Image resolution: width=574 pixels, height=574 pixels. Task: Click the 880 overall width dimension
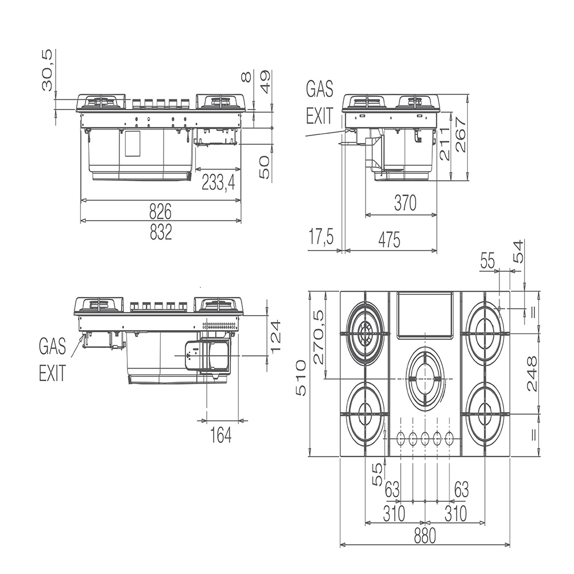tap(425, 536)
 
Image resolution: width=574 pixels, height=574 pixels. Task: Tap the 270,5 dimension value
tap(319, 337)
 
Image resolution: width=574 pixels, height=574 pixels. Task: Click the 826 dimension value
tap(160, 212)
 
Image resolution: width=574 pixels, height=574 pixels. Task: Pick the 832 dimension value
tap(161, 232)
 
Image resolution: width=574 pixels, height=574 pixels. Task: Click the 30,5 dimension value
tap(47, 70)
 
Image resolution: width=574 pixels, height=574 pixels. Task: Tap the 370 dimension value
tap(405, 203)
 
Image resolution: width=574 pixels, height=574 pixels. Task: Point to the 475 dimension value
tap(389, 240)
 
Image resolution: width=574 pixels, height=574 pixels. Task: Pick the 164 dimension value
tap(221, 435)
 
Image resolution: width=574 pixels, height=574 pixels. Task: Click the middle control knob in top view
tap(425, 437)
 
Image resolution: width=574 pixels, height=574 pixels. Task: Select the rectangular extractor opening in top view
tap(425, 314)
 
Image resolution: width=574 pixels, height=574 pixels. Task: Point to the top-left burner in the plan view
tap(365, 333)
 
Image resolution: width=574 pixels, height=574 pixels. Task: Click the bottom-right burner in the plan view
tap(485, 414)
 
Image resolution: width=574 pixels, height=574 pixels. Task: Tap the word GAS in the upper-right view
tap(320, 89)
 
